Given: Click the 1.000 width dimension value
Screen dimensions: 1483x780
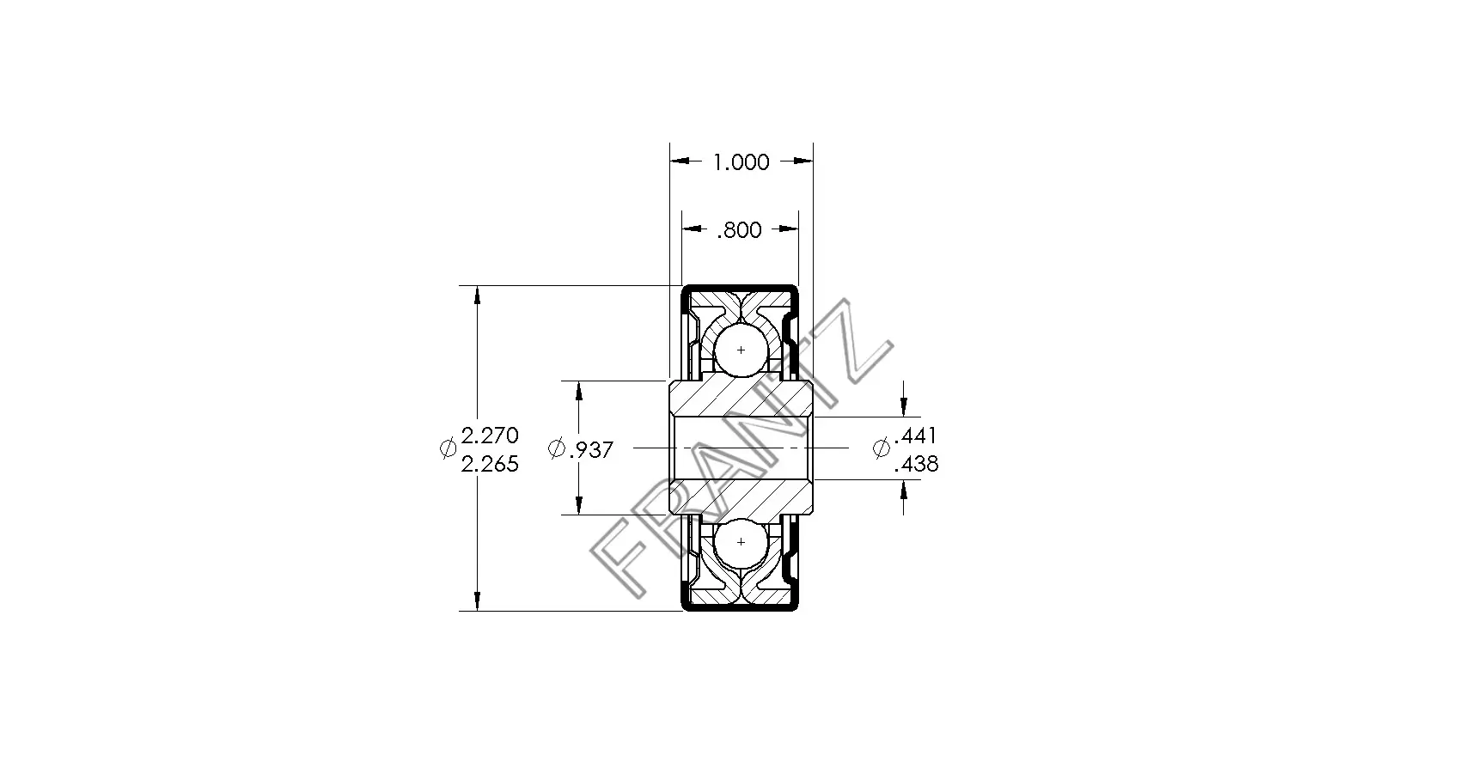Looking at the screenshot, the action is point(741,161).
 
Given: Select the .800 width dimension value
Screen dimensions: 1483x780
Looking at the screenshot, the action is point(740,230).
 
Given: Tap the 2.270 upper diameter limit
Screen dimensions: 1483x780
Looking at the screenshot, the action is point(490,435).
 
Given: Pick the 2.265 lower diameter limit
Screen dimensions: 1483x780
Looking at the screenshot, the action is point(490,464).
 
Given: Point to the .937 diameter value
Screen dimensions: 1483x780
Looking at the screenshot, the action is point(591,449).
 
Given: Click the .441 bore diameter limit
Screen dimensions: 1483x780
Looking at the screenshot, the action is point(916,436).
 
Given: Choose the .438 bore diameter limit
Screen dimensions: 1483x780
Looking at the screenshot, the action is point(916,465).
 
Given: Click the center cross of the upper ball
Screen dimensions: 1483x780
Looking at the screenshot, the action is point(741,350).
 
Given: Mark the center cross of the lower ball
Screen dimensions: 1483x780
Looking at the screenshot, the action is point(741,543).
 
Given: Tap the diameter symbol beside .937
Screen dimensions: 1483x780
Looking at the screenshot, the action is point(557,448).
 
